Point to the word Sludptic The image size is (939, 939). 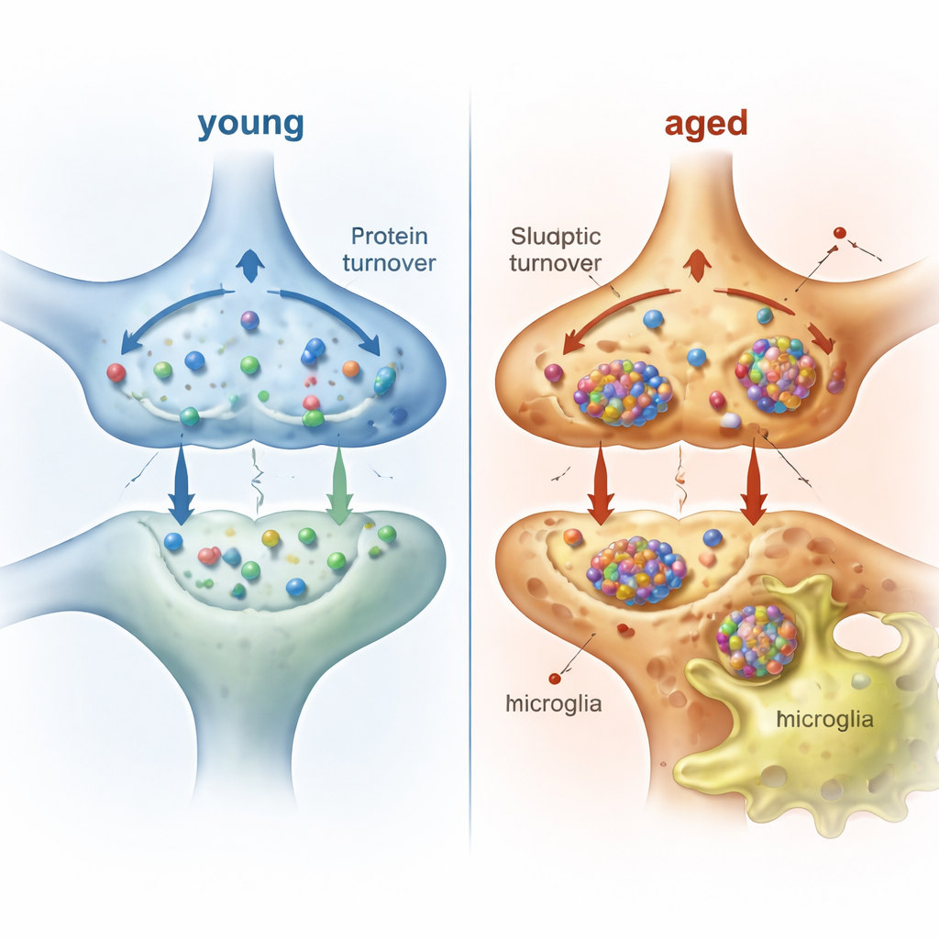(555, 238)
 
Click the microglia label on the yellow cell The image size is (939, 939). (824, 719)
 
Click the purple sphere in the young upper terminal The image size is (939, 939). (249, 320)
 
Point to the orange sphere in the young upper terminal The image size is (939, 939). (350, 369)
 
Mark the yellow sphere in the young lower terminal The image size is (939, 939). (271, 538)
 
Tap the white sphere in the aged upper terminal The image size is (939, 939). (731, 421)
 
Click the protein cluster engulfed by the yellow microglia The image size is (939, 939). (757, 640)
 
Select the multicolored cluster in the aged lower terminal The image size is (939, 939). (636, 570)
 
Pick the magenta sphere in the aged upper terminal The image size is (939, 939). (553, 372)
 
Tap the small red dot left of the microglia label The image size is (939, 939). (554, 679)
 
